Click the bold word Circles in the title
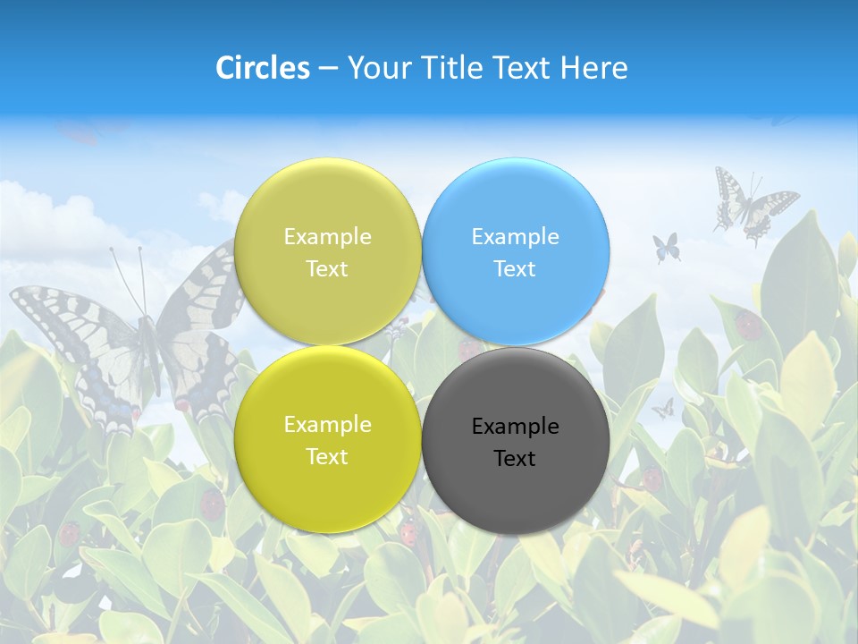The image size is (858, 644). pos(263,68)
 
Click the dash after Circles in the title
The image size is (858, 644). pos(328,69)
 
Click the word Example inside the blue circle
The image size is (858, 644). pos(515,237)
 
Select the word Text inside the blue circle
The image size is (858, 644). pos(515,268)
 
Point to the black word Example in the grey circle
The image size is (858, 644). pos(515,427)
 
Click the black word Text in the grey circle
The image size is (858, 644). pos(515,458)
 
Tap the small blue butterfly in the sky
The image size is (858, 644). pos(666,247)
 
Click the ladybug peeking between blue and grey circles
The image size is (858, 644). pos(469,350)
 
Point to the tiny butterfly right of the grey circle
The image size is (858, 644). pos(662,409)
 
